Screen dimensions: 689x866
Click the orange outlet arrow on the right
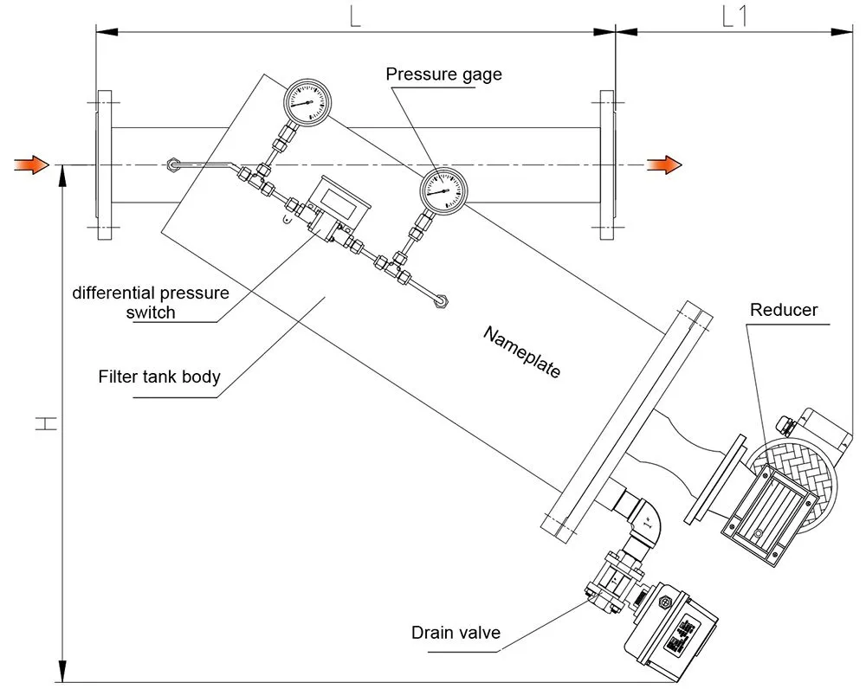point(664,164)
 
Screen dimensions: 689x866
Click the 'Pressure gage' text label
point(443,74)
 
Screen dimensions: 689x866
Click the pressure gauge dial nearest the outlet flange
point(443,190)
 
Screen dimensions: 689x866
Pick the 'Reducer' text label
point(784,310)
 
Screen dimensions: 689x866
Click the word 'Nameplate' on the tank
point(521,352)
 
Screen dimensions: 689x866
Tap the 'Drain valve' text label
point(456,633)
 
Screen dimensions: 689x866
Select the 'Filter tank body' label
point(159,377)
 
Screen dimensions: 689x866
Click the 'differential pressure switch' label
point(151,302)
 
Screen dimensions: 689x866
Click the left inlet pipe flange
point(104,164)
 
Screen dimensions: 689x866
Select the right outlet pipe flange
point(606,164)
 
